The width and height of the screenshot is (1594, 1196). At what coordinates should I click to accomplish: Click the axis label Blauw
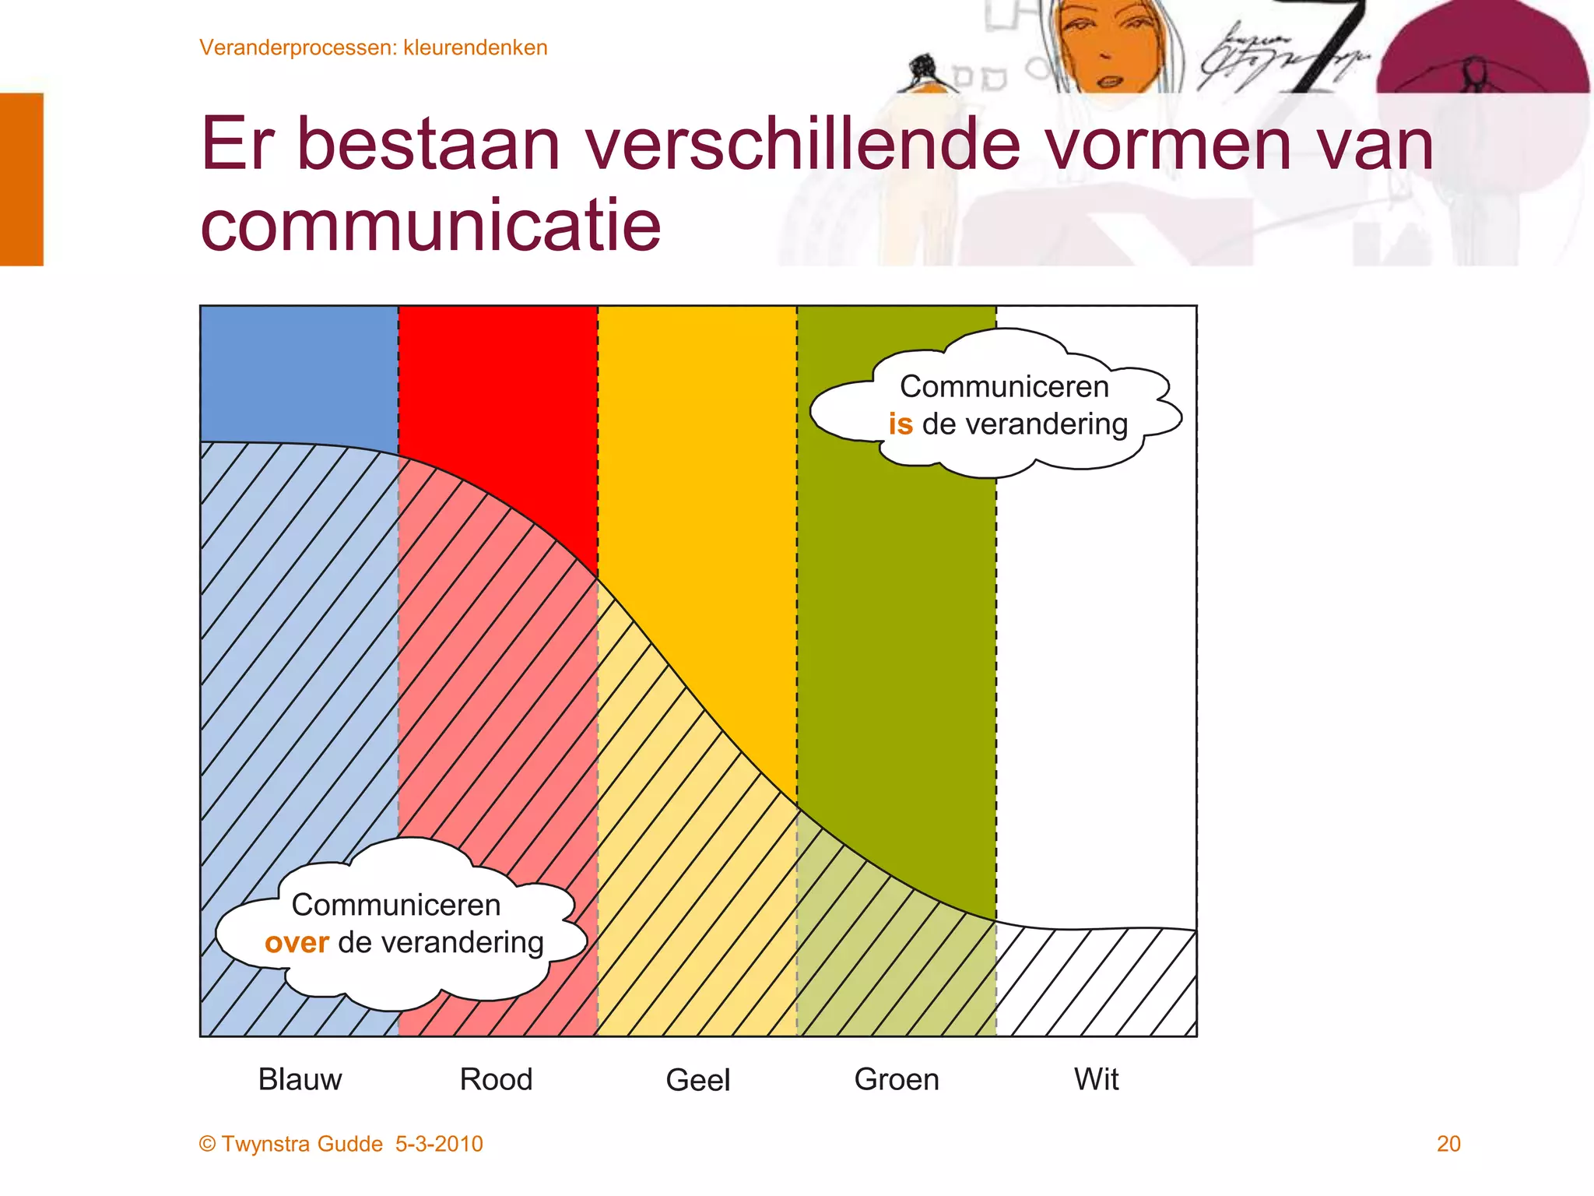pyautogui.click(x=300, y=1079)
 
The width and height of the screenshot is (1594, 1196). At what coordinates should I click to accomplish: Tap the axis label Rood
pyautogui.click(x=496, y=1079)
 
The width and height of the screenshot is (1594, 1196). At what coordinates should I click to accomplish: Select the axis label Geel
pyautogui.click(x=697, y=1080)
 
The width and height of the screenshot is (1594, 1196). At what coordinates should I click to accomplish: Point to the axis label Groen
pyautogui.click(x=897, y=1079)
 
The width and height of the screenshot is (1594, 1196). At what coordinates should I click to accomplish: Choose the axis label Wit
pyautogui.click(x=1096, y=1079)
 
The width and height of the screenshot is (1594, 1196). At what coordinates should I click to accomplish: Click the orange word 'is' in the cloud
pyautogui.click(x=901, y=424)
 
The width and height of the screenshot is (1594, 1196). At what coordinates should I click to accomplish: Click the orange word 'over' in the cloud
pyautogui.click(x=297, y=943)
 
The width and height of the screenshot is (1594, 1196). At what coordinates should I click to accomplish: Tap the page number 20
pyautogui.click(x=1448, y=1144)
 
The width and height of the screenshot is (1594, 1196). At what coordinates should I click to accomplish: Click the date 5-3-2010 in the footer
pyautogui.click(x=439, y=1144)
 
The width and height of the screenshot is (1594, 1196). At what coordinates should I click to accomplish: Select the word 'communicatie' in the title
pyautogui.click(x=430, y=226)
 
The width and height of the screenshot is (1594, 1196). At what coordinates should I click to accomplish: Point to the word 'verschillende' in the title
pyautogui.click(x=802, y=145)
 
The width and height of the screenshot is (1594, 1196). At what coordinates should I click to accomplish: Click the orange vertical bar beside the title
pyautogui.click(x=21, y=179)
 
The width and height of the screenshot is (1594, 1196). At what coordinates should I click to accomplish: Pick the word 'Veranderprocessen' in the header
pyautogui.click(x=297, y=47)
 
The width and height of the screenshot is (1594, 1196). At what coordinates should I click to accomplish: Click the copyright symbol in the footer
pyautogui.click(x=207, y=1144)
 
